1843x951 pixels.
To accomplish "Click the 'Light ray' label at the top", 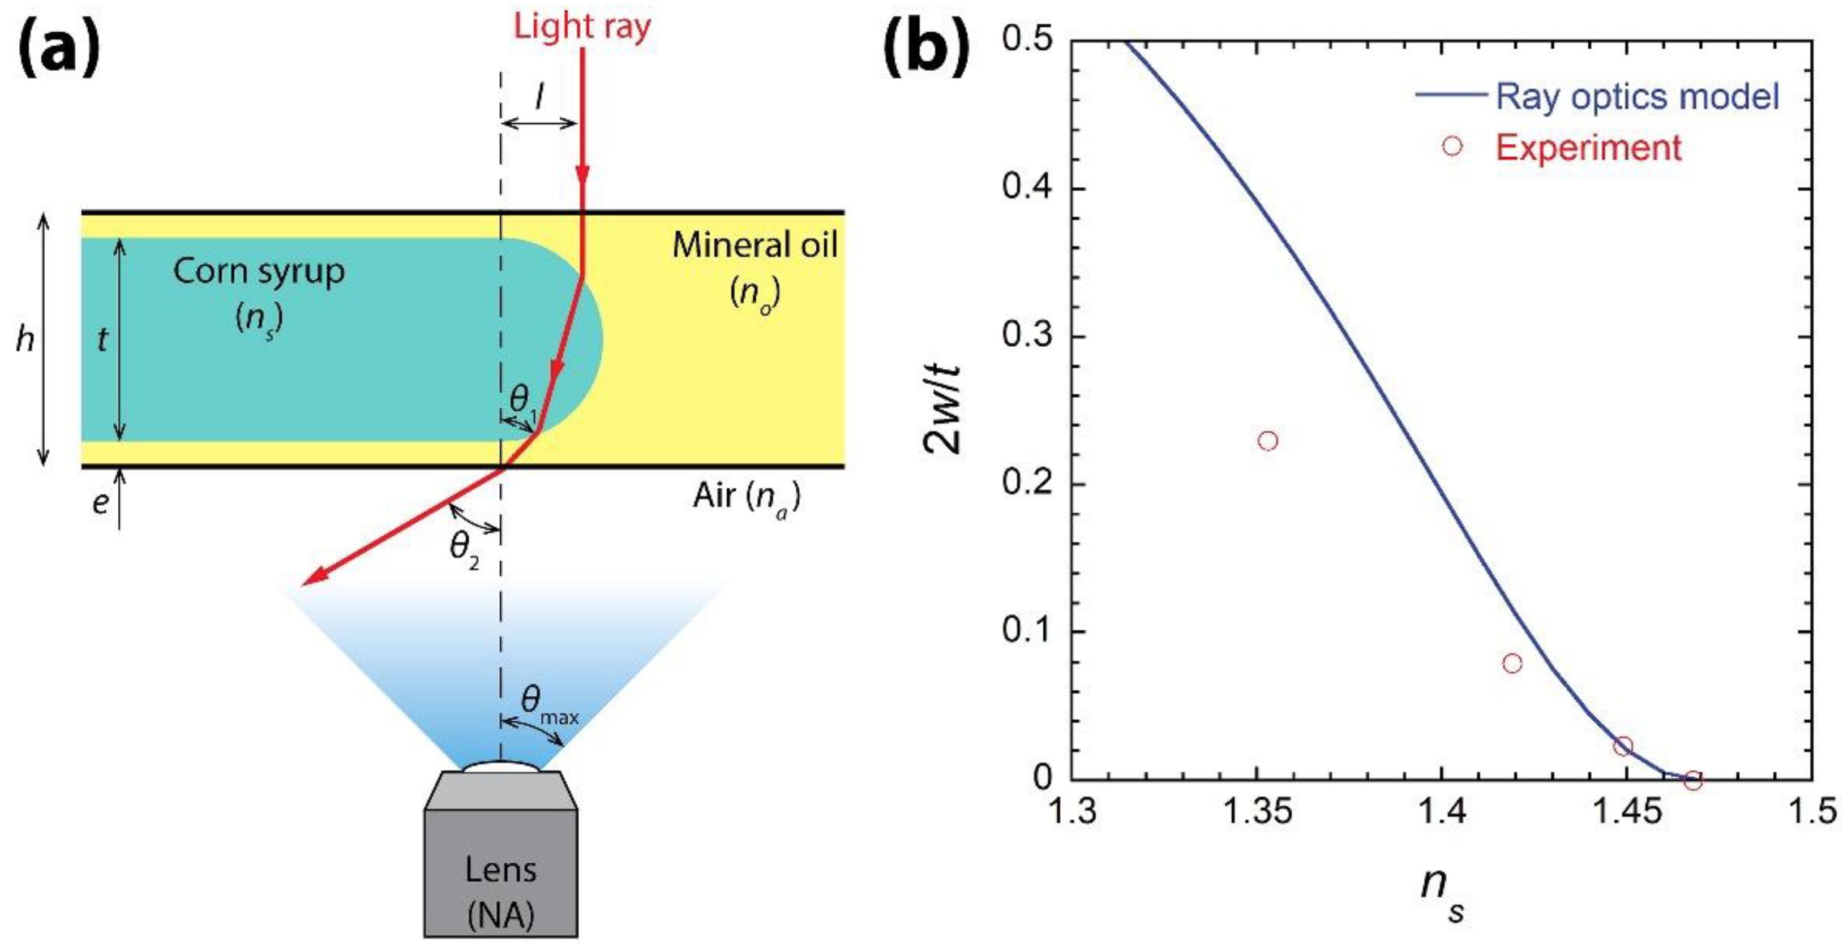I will click(x=582, y=27).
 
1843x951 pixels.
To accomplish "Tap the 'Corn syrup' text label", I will click(x=259, y=272).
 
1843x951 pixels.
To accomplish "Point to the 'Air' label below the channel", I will click(x=746, y=496).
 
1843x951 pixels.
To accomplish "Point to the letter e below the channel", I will click(x=100, y=503).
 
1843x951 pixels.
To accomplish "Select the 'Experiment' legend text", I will click(x=1588, y=147).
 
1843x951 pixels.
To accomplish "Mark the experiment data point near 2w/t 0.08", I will click(x=1512, y=663).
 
